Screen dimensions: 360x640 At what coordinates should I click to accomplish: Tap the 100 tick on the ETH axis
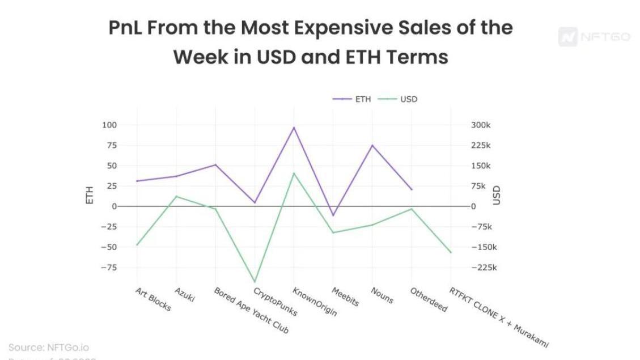point(109,125)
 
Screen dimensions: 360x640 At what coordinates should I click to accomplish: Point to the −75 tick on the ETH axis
point(107,268)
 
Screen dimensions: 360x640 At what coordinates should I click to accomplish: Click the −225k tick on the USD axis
point(484,268)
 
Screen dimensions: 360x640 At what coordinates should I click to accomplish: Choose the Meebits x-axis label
point(345,296)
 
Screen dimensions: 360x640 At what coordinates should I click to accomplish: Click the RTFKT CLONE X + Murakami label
point(499,317)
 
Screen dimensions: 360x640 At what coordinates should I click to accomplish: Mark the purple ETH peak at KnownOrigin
point(294,128)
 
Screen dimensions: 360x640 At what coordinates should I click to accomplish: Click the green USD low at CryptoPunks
point(255,282)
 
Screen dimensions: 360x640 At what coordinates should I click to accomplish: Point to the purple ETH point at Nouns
point(372,145)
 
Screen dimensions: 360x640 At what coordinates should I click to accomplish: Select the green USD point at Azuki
point(176,196)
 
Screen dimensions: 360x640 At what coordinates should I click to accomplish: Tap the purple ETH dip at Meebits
point(333,215)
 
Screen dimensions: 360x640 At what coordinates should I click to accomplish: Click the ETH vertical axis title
point(89,196)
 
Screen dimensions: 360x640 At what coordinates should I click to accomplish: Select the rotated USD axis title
point(497,196)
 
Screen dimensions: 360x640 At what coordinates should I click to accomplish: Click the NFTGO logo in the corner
point(594,37)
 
